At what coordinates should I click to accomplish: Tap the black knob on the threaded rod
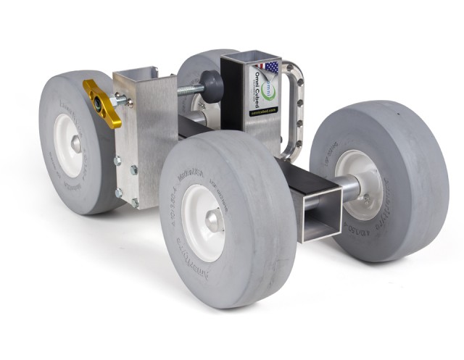212,87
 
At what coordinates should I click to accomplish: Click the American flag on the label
270,68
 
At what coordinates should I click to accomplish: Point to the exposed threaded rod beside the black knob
188,91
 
